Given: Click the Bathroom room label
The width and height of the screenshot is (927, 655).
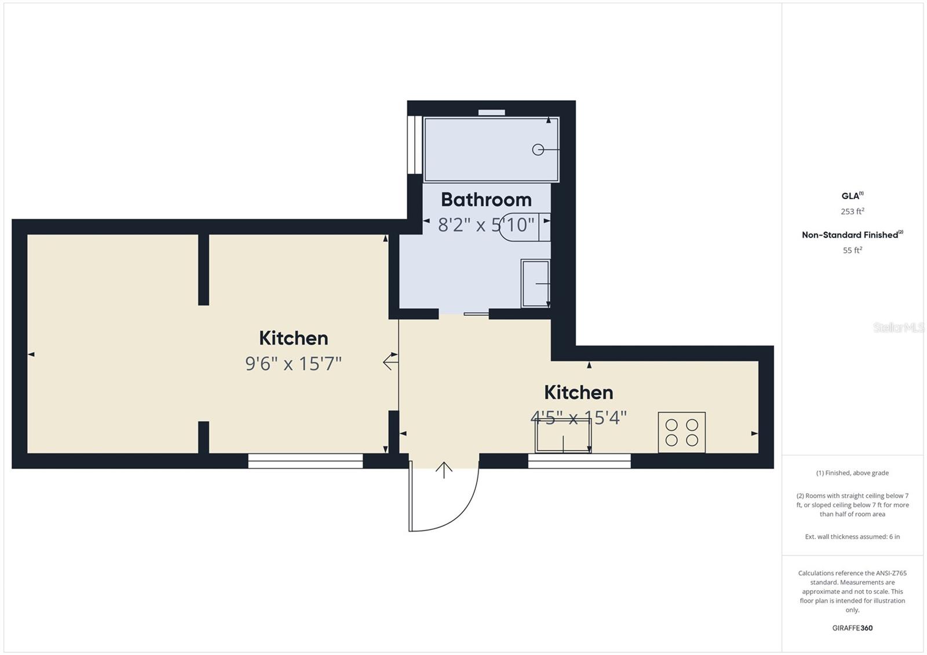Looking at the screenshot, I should [486, 200].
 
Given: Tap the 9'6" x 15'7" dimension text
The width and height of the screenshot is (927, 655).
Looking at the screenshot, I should [293, 364].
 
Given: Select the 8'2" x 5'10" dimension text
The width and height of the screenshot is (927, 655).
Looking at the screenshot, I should [486, 225].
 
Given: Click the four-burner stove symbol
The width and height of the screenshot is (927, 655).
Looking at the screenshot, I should [681, 432].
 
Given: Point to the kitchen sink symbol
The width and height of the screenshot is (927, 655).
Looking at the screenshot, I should [563, 436].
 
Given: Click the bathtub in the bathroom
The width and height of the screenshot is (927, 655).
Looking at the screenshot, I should [491, 149].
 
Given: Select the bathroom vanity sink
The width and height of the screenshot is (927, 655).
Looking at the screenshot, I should [535, 283].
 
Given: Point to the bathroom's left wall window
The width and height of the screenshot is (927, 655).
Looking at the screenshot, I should [414, 145].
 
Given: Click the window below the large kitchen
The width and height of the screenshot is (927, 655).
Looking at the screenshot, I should [305, 461].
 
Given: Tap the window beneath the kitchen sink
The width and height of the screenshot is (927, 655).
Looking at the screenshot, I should [579, 461].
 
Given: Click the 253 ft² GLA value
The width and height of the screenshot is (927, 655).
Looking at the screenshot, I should [852, 211].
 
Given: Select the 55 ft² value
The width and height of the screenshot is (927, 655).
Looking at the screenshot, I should [852, 250].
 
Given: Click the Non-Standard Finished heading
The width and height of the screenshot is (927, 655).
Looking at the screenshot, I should [851, 235].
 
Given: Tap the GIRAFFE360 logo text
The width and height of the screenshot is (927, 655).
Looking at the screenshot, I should [852, 628].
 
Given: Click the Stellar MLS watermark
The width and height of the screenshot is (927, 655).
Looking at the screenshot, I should [898, 328].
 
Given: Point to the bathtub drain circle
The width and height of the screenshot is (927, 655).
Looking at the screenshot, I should [538, 149].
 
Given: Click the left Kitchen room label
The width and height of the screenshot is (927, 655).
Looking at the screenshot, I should [293, 338].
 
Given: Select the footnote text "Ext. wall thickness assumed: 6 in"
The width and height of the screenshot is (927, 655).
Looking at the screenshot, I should [852, 537].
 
